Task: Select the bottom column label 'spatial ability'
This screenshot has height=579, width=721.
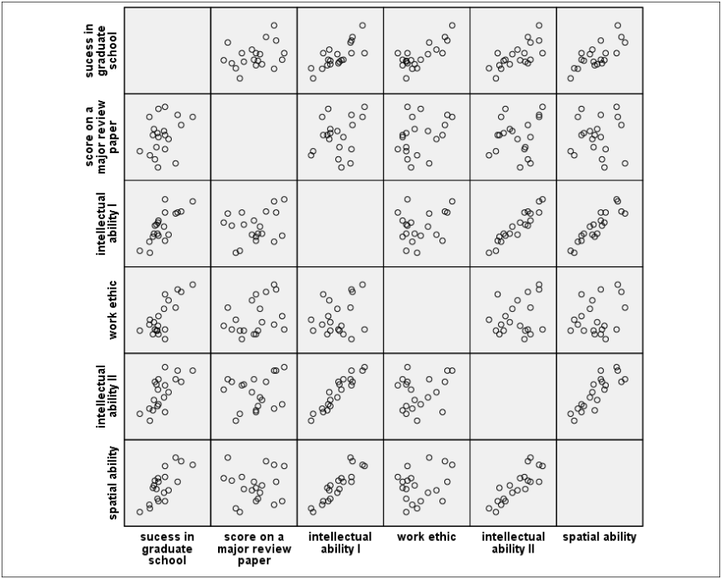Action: pyautogui.click(x=599, y=537)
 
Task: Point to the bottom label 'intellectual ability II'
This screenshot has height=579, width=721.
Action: pyautogui.click(x=513, y=543)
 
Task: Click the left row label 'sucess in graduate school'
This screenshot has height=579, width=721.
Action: pyautogui.click(x=101, y=50)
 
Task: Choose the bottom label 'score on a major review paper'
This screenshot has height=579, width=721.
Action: pyautogui.click(x=254, y=548)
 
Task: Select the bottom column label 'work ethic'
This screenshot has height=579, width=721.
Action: pyautogui.click(x=426, y=537)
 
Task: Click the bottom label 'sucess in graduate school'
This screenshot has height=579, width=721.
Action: pyautogui.click(x=167, y=548)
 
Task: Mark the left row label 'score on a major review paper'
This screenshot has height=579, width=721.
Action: pyautogui.click(x=101, y=136)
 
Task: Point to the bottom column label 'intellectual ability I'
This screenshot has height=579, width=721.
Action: pyautogui.click(x=340, y=543)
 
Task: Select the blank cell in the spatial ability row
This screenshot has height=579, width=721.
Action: pyautogui.click(x=599, y=482)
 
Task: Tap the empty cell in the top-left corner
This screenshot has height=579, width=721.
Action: pyautogui.click(x=167, y=50)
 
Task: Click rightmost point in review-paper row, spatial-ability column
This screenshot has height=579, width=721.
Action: pyautogui.click(x=625, y=163)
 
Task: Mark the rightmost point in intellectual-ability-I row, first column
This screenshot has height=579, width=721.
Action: pyautogui.click(x=192, y=201)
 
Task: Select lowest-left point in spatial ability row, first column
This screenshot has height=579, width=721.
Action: pyautogui.click(x=140, y=511)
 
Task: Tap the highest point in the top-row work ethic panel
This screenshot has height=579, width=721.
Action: pyautogui.click(x=452, y=26)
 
